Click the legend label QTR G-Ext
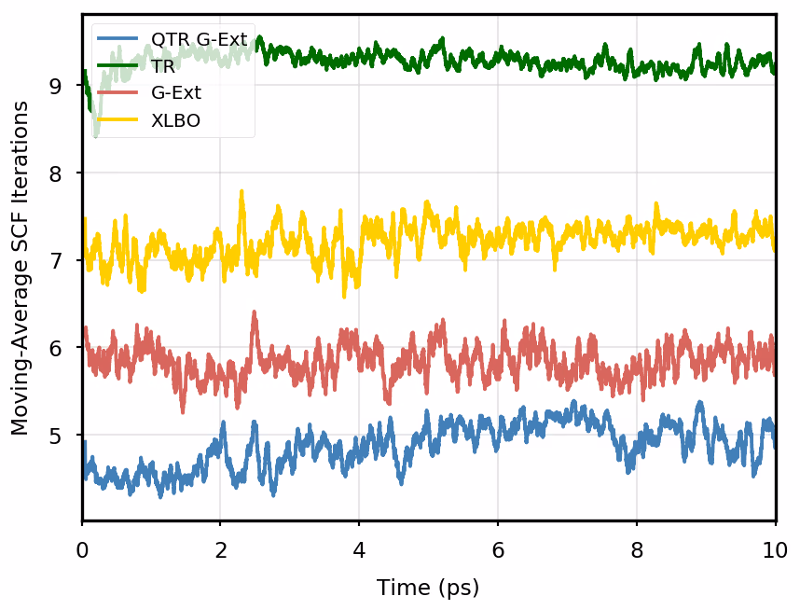point(199,40)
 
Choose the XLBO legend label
point(175,120)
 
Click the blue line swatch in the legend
point(118,40)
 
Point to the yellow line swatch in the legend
point(118,120)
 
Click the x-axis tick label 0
point(82,549)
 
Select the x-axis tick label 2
point(221,549)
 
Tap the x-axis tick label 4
point(359,549)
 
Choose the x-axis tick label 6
point(498,549)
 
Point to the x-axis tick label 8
point(636,549)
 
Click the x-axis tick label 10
point(775,549)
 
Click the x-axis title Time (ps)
point(428,588)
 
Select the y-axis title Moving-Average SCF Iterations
point(21,268)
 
